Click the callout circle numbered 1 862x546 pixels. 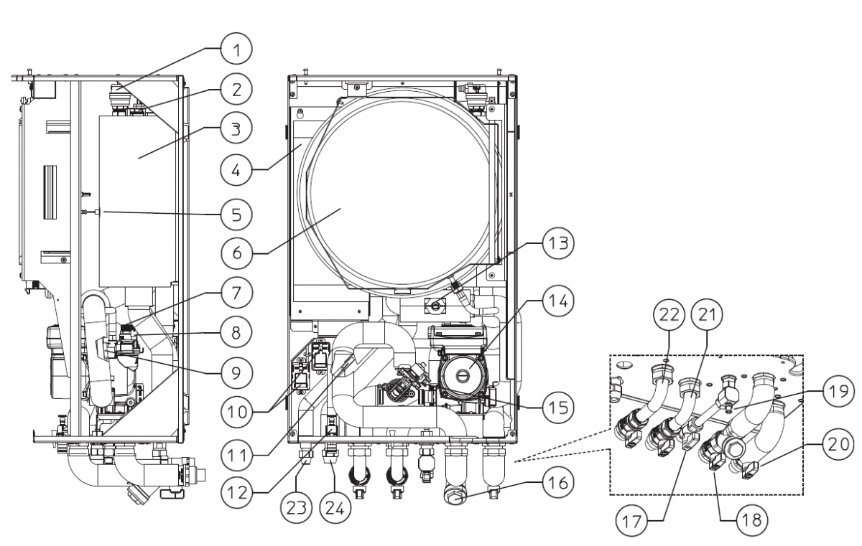(x=236, y=50)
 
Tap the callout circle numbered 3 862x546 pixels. (x=236, y=130)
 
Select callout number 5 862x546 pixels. (x=236, y=213)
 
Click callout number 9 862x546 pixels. (x=236, y=372)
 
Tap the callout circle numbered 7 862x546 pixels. (x=236, y=292)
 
